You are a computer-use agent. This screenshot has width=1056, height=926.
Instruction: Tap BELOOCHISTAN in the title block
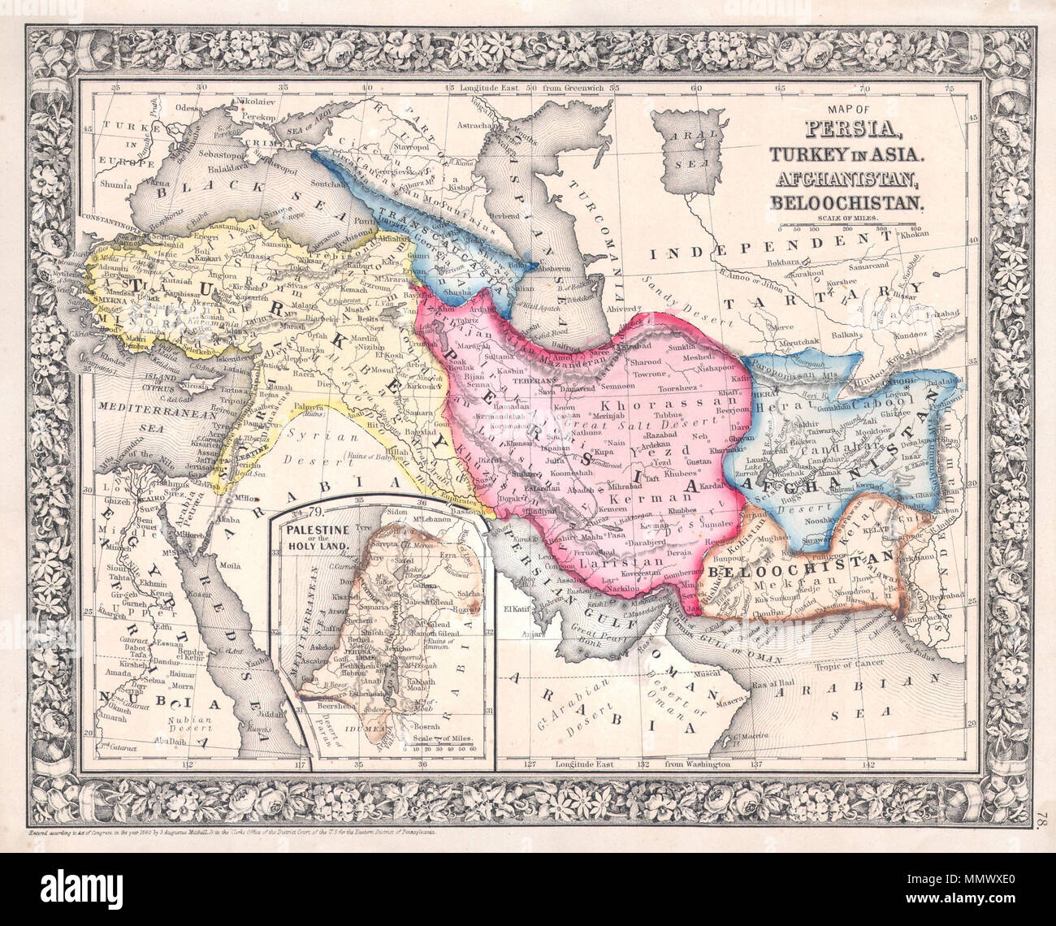click(850, 202)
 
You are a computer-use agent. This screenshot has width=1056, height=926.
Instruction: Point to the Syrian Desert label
click(318, 443)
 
